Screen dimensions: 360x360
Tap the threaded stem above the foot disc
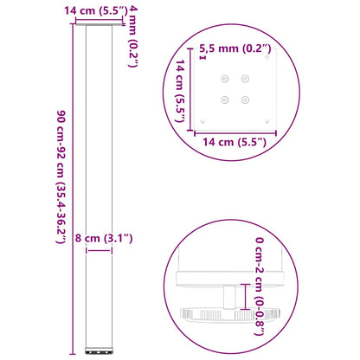(228, 297)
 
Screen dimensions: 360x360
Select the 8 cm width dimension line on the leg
(99, 251)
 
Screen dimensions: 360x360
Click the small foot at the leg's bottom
(98, 352)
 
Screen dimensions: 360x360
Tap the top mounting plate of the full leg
(98, 28)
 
